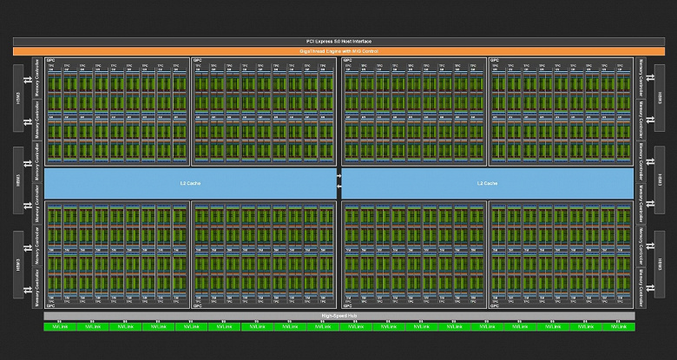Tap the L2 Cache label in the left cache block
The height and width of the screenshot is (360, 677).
pyautogui.click(x=185, y=183)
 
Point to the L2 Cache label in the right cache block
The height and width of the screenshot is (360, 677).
pyautogui.click(x=486, y=183)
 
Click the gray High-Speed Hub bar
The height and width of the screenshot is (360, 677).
pyautogui.click(x=339, y=317)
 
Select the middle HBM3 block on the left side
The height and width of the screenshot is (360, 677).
pyautogui.click(x=18, y=180)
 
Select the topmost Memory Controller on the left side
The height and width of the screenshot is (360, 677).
pyautogui.click(x=37, y=77)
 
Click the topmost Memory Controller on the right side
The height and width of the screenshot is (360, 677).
pyautogui.click(x=640, y=77)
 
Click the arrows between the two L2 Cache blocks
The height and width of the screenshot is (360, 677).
pyautogui.click(x=338, y=183)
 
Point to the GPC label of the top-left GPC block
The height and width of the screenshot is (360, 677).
pyautogui.click(x=49, y=61)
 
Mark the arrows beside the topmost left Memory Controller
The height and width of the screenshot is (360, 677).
pyautogui.click(x=30, y=77)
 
